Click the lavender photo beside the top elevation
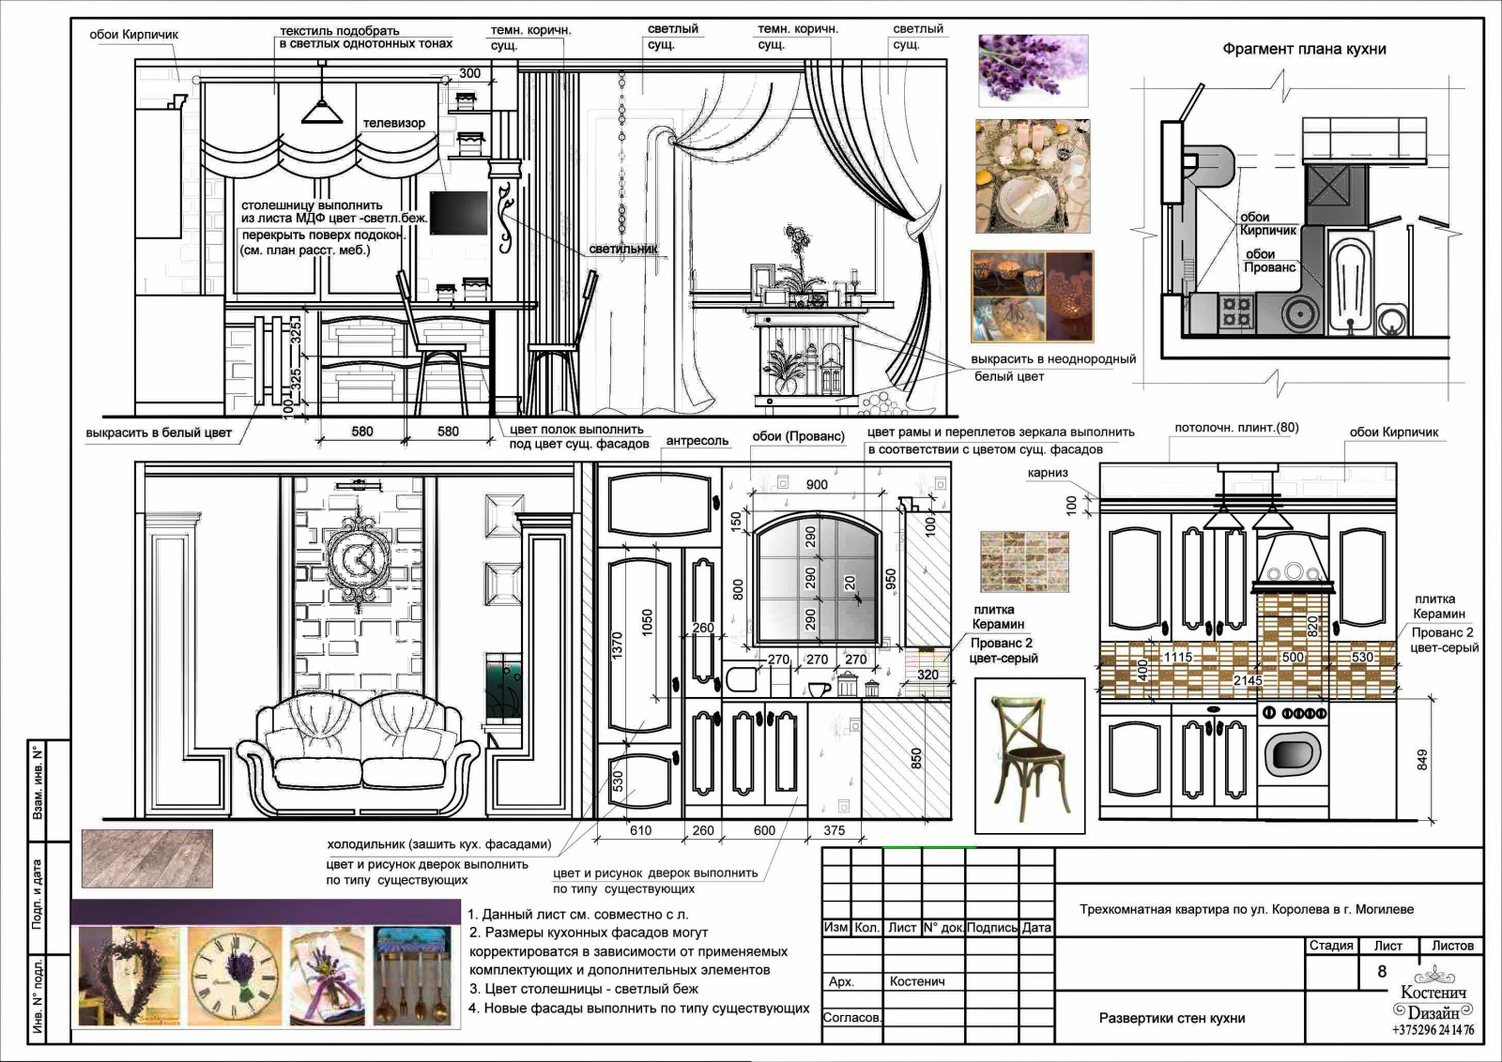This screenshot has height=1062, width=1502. (1033, 70)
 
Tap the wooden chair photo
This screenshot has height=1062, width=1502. (1029, 756)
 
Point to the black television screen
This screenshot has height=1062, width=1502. (459, 212)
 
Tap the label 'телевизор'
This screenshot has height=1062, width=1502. (393, 123)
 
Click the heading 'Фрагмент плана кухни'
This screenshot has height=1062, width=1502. (1304, 49)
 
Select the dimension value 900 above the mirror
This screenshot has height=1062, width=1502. (816, 484)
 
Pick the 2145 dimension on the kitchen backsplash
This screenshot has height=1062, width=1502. (1248, 680)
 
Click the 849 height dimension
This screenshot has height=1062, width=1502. (1421, 759)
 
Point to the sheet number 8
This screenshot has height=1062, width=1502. (1381, 971)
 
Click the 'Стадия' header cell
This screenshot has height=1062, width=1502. (1331, 946)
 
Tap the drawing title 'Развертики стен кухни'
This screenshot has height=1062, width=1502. (1172, 1018)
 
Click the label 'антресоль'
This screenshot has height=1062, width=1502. (697, 441)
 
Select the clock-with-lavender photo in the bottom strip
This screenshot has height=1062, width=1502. (235, 977)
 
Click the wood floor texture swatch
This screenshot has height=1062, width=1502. (146, 858)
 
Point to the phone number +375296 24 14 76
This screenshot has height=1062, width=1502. (1433, 1030)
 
